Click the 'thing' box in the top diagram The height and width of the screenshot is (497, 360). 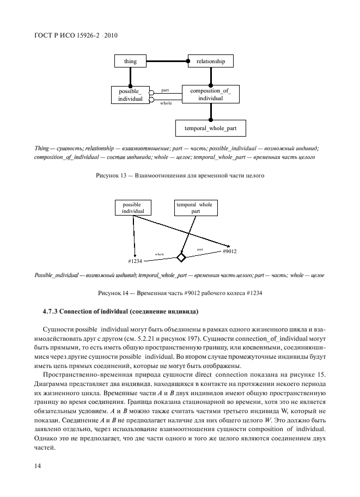pos(130,62)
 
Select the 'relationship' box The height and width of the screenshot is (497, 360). pos(211,62)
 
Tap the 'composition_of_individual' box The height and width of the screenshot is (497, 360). pos(210,95)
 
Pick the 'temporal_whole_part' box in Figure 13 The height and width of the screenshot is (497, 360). pos(210,128)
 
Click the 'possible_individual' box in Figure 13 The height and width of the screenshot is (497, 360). pos(130,95)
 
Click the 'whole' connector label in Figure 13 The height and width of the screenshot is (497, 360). pos(166,102)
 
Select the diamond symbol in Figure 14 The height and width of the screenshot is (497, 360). pos(181,257)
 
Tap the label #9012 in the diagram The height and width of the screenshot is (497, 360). pos(229,252)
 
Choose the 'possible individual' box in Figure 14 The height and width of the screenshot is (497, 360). pos(133,207)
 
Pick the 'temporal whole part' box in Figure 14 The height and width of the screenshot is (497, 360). pos(194,207)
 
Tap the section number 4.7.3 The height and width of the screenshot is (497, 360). pos(52,312)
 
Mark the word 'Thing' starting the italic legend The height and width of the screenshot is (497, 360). pos(41,148)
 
